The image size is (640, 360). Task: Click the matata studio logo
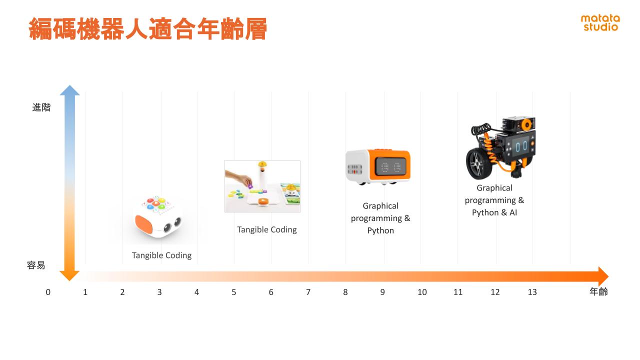tap(600, 22)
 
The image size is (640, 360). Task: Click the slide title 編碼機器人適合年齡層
tap(148, 28)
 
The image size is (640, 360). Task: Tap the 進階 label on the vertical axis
tap(41, 107)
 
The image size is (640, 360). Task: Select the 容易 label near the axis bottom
tap(36, 265)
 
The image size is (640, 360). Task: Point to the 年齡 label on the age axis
tap(598, 291)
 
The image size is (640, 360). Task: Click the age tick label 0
tap(48, 292)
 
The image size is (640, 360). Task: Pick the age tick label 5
tap(233, 292)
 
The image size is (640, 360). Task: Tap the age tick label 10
tap(422, 292)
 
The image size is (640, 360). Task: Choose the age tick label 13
tap(532, 292)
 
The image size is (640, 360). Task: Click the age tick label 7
tap(308, 292)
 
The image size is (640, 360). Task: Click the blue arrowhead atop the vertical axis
tap(69, 90)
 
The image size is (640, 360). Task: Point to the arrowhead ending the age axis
tap(603, 276)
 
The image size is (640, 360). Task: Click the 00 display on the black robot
tap(521, 147)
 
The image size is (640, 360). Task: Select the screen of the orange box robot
tap(390, 167)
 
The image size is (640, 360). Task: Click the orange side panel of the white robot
tap(144, 224)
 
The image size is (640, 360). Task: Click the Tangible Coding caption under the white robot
tap(161, 255)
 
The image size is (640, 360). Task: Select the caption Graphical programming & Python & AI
tap(494, 200)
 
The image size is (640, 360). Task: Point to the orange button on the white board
tap(263, 201)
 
